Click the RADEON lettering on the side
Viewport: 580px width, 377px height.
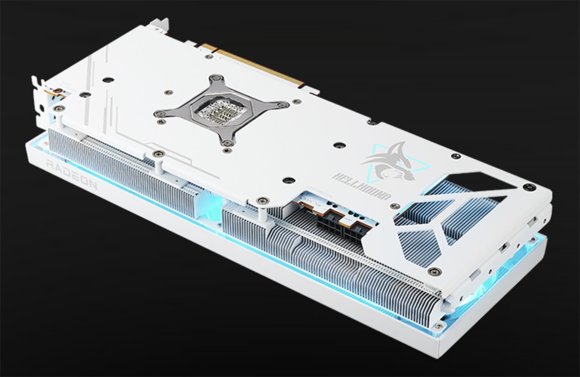71,174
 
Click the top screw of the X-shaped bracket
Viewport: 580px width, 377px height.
216,77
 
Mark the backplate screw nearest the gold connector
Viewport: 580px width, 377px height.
209,57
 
